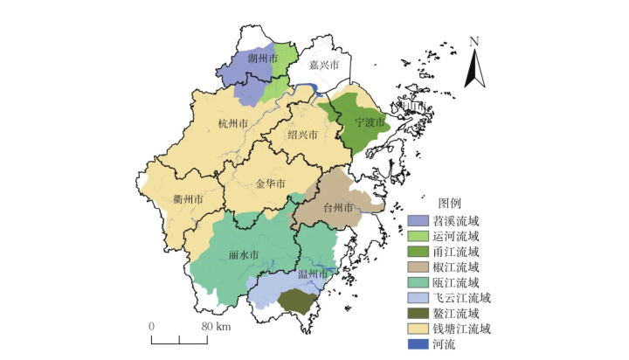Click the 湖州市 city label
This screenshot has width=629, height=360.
pyautogui.click(x=262, y=59)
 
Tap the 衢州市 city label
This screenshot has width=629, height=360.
pyautogui.click(x=188, y=198)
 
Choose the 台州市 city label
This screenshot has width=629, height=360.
pyautogui.click(x=338, y=208)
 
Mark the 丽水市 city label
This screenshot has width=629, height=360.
pyautogui.click(x=245, y=255)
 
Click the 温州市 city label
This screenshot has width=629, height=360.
pyautogui.click(x=313, y=275)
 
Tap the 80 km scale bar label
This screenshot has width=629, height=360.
pyautogui.click(x=215, y=327)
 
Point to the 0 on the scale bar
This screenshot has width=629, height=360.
pyautogui.click(x=152, y=327)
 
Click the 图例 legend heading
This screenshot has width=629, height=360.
pyautogui.click(x=449, y=203)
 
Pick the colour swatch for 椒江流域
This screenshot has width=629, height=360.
pyautogui.click(x=418, y=267)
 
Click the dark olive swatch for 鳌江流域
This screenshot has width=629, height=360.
pyautogui.click(x=418, y=314)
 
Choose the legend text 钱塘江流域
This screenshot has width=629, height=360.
pyautogui.click(x=462, y=329)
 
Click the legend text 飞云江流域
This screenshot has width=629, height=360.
pyautogui.click(x=462, y=299)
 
